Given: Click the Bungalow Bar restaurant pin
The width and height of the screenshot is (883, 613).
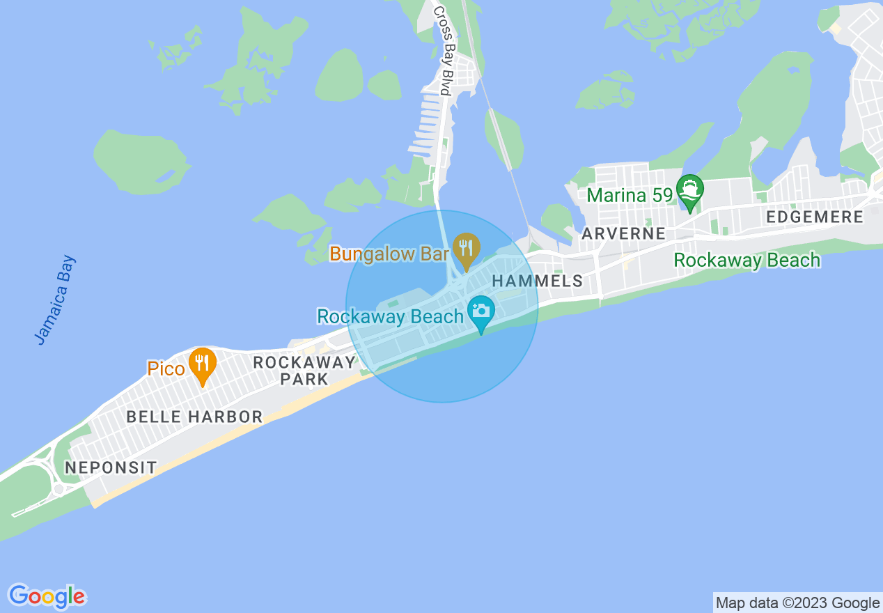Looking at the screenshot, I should [466, 247].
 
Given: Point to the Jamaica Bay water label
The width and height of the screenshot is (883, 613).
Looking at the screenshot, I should [55, 300].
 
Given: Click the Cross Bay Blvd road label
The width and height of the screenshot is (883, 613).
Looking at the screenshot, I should [444, 50].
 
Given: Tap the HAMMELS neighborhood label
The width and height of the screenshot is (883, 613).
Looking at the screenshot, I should [537, 281].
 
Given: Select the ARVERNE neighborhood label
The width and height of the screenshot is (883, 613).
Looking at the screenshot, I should [623, 233].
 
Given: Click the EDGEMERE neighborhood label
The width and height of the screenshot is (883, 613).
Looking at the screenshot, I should [814, 217].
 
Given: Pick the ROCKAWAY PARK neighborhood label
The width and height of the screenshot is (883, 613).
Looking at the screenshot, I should [304, 371].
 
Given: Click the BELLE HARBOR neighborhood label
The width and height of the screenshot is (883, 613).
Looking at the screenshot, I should [194, 417].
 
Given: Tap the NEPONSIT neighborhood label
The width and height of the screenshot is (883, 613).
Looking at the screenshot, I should [111, 467].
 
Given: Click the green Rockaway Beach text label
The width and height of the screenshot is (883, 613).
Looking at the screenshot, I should [747, 261].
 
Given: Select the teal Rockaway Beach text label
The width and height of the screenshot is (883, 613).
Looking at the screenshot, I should [390, 317].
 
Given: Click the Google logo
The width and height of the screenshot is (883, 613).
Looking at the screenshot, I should [47, 596].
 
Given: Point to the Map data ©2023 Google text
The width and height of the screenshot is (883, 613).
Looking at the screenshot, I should [797, 603].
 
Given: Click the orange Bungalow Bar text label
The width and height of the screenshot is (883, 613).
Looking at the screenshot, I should [389, 254].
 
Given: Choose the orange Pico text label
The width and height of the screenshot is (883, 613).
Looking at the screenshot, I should [166, 368].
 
